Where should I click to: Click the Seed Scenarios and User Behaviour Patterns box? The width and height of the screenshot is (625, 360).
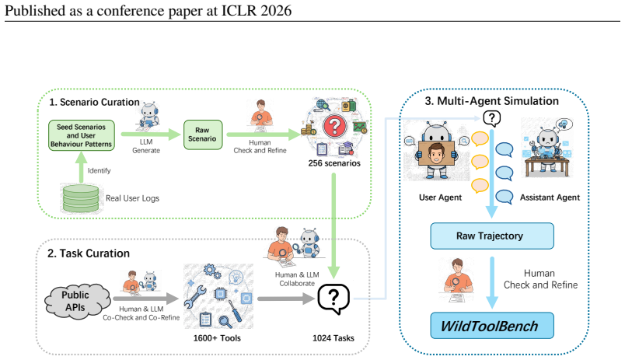(82, 135)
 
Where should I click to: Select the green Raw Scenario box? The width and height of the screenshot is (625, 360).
(202, 135)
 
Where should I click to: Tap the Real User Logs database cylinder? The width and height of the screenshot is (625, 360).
(81, 198)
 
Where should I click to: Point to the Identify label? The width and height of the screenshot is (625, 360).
(99, 170)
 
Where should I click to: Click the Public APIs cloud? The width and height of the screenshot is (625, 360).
(76, 302)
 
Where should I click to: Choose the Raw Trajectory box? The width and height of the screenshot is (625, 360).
(492, 236)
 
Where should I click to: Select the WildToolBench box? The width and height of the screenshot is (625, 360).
(492, 326)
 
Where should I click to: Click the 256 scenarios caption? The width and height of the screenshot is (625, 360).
(334, 163)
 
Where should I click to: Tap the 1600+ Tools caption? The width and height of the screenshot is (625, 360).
(217, 338)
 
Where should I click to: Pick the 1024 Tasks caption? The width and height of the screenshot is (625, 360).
(333, 338)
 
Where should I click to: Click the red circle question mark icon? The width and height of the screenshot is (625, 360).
(334, 126)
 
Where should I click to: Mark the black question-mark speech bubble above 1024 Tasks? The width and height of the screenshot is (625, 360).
(333, 299)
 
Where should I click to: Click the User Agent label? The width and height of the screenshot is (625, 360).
(440, 197)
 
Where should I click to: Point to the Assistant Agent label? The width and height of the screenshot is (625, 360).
(550, 197)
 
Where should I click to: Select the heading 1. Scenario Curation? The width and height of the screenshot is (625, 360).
(94, 102)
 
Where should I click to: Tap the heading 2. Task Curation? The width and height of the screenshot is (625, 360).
(89, 253)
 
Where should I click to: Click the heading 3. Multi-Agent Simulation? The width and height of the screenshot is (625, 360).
(492, 101)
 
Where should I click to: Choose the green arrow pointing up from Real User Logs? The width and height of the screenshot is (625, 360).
(82, 168)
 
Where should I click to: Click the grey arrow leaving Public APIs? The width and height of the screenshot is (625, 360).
(146, 299)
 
